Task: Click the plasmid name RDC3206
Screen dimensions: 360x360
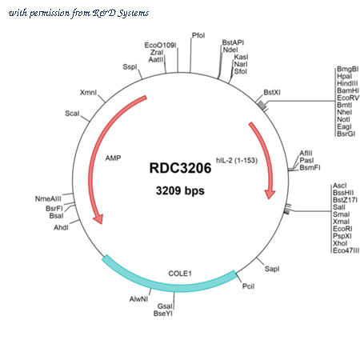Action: pyautogui.click(x=180, y=168)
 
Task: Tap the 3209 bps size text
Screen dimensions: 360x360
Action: pyautogui.click(x=180, y=190)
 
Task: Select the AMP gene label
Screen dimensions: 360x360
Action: pyautogui.click(x=113, y=158)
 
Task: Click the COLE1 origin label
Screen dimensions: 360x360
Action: pyautogui.click(x=180, y=274)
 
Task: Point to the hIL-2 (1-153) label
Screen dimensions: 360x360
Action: pyautogui.click(x=237, y=160)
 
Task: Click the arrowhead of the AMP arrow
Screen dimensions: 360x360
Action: pyautogui.click(x=98, y=218)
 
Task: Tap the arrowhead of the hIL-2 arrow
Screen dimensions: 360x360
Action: pyautogui.click(x=270, y=194)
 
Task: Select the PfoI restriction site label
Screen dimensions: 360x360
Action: pyautogui.click(x=198, y=35)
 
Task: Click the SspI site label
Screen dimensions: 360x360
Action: pyautogui.click(x=130, y=66)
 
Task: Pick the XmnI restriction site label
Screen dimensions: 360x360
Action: pyautogui.click(x=88, y=93)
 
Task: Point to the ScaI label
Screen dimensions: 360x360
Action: pyautogui.click(x=72, y=114)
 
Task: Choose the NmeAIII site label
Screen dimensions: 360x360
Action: pyautogui.click(x=48, y=198)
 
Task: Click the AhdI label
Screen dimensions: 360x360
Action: pyautogui.click(x=61, y=227)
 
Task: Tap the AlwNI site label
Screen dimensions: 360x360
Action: pyautogui.click(x=138, y=299)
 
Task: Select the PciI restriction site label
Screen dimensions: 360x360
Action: pyautogui.click(x=248, y=286)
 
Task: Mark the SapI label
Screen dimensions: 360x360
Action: pyautogui.click(x=272, y=269)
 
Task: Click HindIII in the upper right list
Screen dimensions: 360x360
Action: pyautogui.click(x=347, y=83)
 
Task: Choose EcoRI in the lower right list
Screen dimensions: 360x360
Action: pyautogui.click(x=342, y=229)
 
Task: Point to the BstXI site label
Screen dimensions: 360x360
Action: pyautogui.click(x=272, y=92)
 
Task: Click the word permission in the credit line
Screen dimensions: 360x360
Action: pyautogui.click(x=50, y=13)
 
